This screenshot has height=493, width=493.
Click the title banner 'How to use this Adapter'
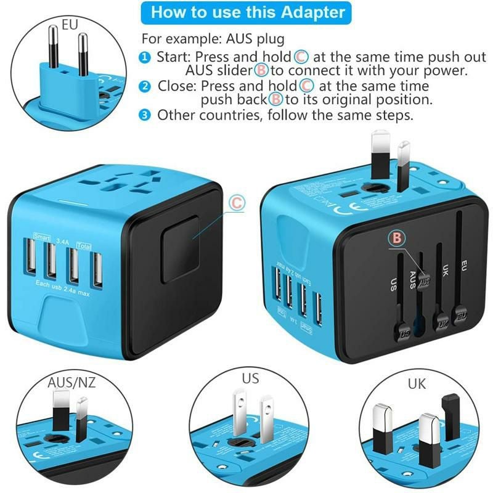coord(248,12)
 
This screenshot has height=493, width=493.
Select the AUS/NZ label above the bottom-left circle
coord(71,383)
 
